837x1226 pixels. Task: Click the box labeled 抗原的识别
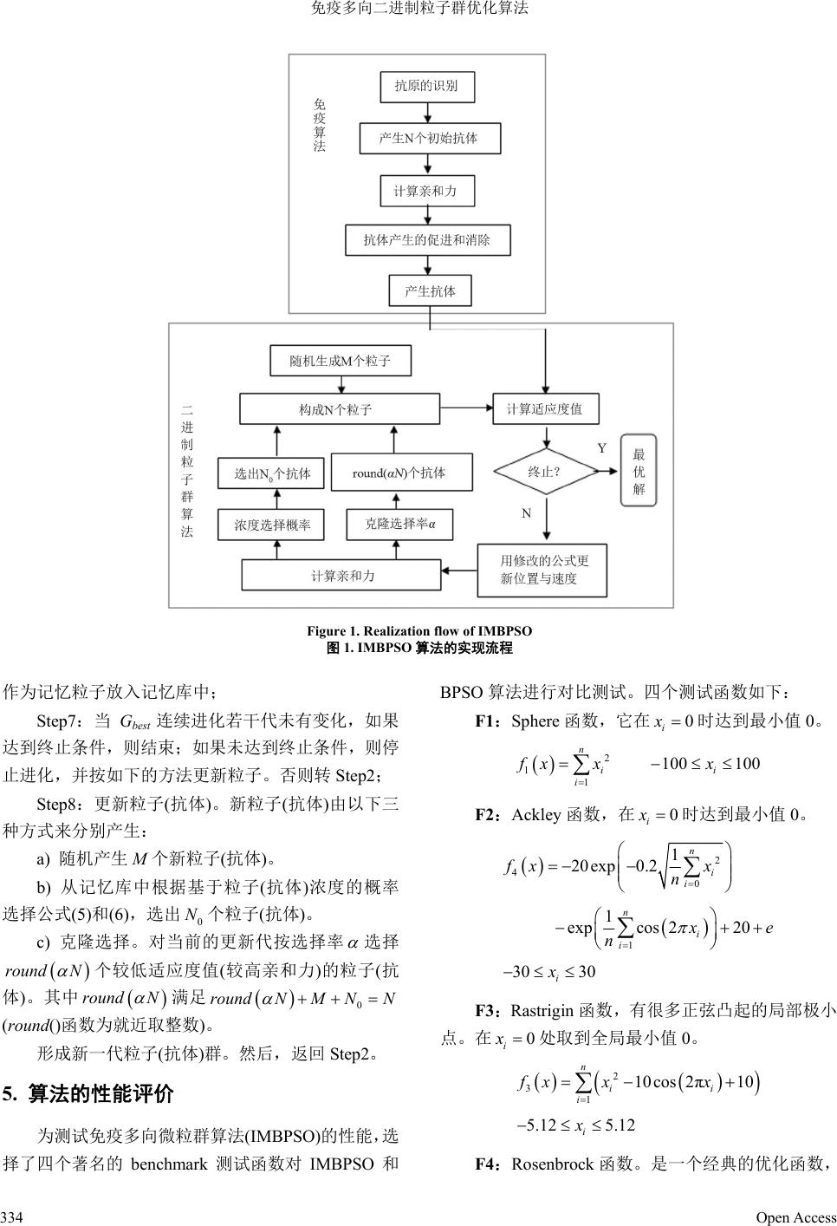point(426,86)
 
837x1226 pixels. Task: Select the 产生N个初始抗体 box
point(429,138)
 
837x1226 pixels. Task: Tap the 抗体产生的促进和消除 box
point(427,240)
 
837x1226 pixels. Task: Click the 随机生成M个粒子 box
point(340,361)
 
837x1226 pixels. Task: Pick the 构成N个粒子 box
point(335,409)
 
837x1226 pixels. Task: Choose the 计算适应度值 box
point(544,409)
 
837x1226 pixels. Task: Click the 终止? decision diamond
point(544,472)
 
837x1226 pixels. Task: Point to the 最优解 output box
point(639,471)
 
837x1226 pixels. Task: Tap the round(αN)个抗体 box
point(402,473)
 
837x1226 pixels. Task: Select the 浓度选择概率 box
point(271,525)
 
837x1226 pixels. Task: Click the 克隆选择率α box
point(399,524)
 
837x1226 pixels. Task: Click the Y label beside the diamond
point(602,447)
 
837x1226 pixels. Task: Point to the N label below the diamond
point(526,513)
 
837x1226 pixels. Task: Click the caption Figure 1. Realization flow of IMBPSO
point(419,631)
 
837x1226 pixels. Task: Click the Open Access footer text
point(795,1217)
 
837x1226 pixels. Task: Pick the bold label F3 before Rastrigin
point(487,1010)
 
